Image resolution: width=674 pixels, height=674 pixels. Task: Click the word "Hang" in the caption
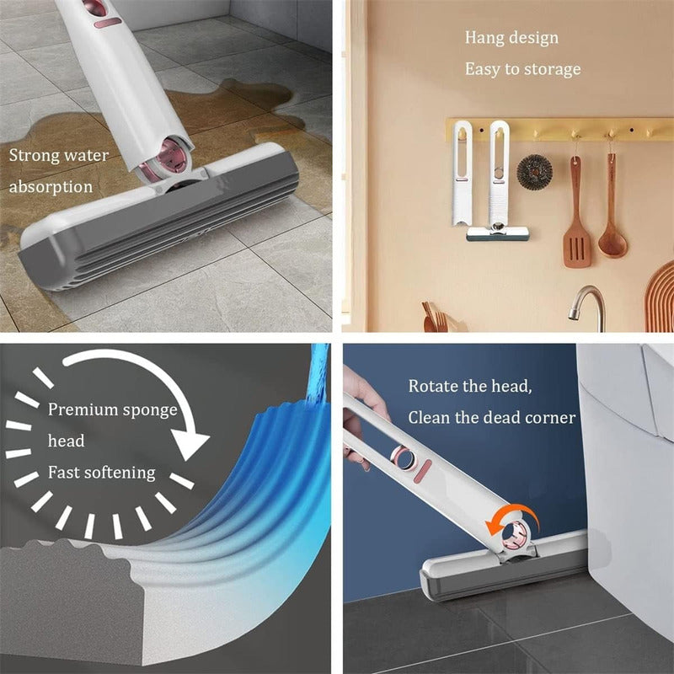pyautogui.click(x=483, y=38)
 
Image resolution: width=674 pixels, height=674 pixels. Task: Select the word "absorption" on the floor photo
pyautogui.click(x=51, y=187)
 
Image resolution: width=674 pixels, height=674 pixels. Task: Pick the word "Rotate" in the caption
pyautogui.click(x=433, y=386)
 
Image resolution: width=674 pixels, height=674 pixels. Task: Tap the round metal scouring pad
pyautogui.click(x=534, y=172)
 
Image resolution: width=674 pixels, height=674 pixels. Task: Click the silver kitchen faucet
pyautogui.click(x=587, y=305)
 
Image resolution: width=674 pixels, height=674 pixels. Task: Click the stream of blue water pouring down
pyautogui.click(x=318, y=374)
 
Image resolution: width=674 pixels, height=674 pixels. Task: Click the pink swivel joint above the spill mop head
pyautogui.click(x=172, y=157)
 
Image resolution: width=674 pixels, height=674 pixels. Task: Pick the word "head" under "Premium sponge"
pyautogui.click(x=67, y=441)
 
